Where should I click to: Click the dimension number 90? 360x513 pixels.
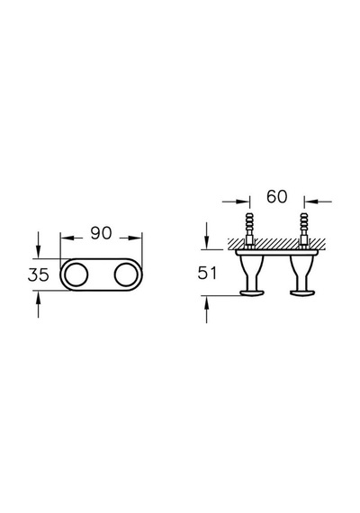[101, 233]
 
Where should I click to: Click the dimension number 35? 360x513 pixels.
[39, 274]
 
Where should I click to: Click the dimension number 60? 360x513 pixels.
[277, 196]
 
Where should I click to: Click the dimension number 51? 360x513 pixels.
[207, 273]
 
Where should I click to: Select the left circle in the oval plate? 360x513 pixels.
[76, 274]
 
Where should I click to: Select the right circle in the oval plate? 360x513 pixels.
[126, 274]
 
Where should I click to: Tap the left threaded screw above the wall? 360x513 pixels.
[249, 226]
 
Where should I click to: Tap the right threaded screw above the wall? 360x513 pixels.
[304, 226]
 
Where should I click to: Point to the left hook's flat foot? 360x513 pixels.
[251, 293]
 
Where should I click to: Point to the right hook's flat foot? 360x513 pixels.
[301, 293]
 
